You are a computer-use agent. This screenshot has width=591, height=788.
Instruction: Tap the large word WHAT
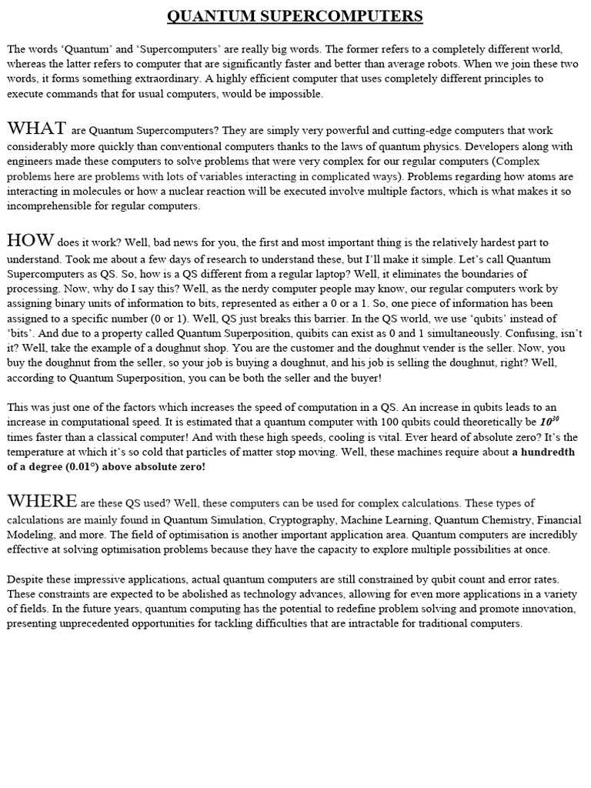[36, 128]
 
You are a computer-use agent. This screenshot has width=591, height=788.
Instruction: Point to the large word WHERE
[42, 501]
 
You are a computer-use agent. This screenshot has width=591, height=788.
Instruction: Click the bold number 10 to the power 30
[548, 421]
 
